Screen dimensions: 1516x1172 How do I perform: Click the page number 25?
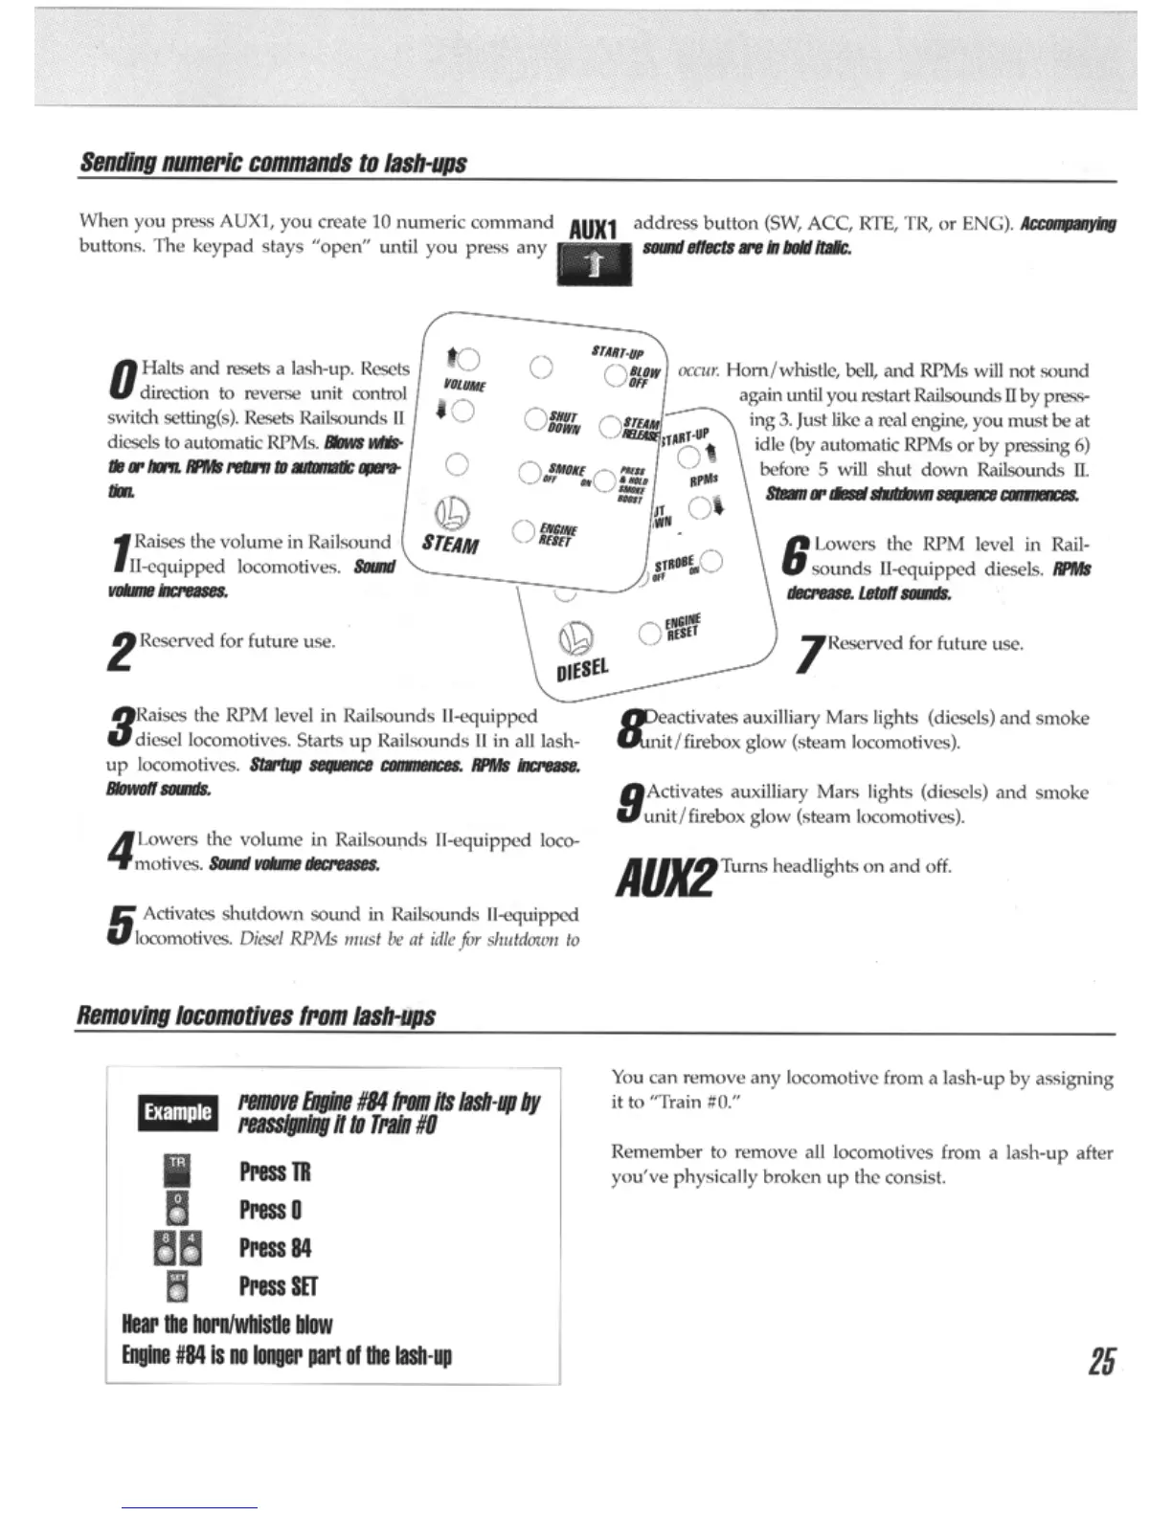1101,1360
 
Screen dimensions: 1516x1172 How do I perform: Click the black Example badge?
177,1112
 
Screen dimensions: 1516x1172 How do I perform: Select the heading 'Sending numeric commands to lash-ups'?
273,163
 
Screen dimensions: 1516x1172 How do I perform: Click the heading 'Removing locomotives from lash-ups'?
256,1015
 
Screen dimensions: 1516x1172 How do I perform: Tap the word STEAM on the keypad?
449,544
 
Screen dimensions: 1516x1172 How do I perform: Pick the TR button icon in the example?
177,1170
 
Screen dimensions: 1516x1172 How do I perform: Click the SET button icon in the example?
177,1285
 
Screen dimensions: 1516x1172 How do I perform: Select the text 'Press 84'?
275,1248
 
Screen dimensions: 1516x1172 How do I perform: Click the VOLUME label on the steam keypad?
464,385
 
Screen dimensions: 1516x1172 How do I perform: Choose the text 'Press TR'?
275,1171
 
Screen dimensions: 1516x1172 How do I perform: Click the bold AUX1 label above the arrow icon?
595,230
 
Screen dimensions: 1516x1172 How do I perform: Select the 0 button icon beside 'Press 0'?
177,1209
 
